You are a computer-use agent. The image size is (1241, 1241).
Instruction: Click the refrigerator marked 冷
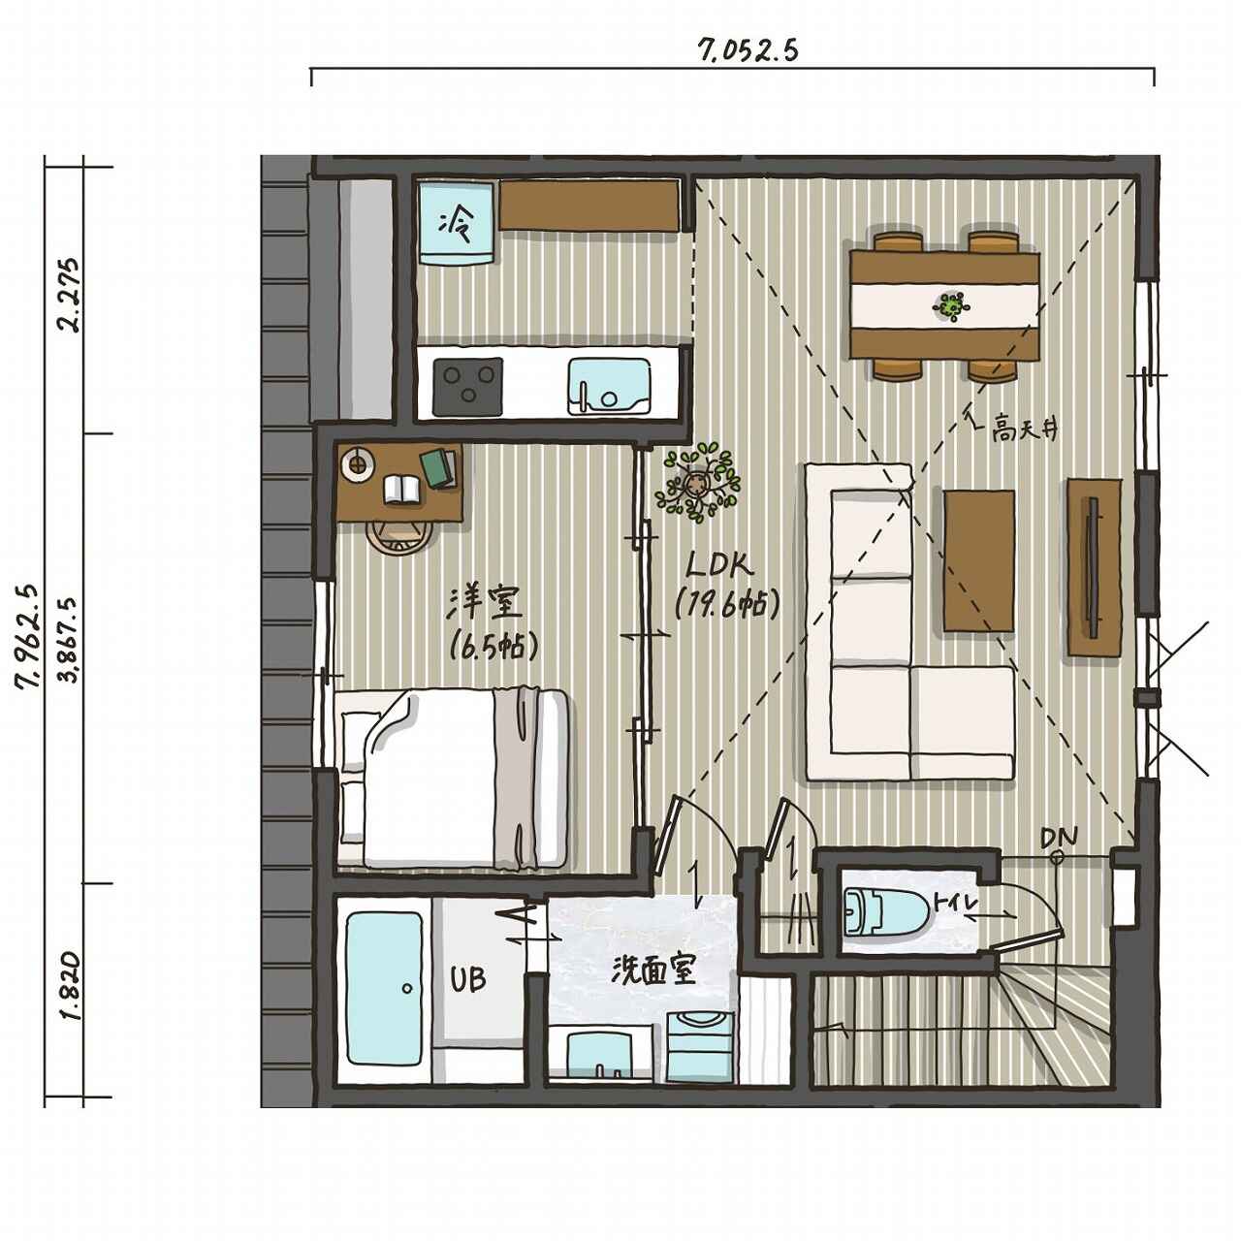point(458,224)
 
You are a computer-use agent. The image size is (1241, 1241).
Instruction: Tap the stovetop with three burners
point(468,384)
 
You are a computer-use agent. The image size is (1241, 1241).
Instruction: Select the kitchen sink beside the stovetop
point(608,384)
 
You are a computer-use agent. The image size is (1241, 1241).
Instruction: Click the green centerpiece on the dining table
point(951,306)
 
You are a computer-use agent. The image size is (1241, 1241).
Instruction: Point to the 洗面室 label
point(653,971)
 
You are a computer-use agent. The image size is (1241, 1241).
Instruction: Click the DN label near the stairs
point(1058,837)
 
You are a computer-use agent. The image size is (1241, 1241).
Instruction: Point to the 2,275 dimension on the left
point(70,297)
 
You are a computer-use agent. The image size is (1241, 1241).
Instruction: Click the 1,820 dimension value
point(70,987)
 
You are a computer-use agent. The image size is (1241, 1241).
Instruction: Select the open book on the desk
point(402,489)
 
